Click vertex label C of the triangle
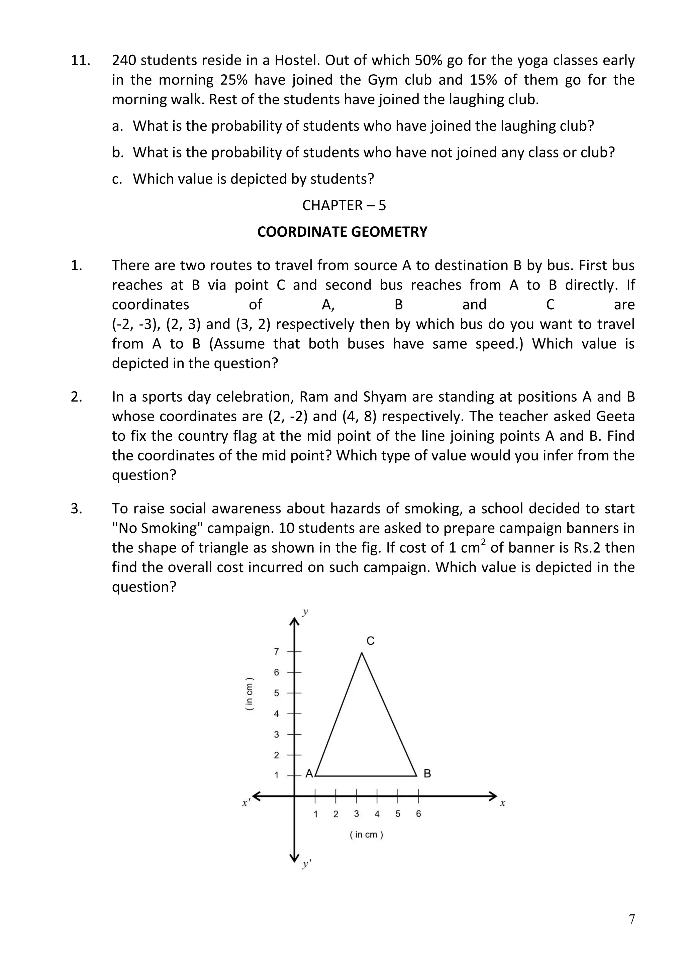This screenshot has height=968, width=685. [x=370, y=641]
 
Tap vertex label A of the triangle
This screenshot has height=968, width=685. [x=309, y=774]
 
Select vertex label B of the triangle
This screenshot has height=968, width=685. [x=427, y=774]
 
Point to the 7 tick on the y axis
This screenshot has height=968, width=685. [x=277, y=652]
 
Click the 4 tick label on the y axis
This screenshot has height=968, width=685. [x=277, y=714]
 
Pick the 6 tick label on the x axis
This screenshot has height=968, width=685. [x=418, y=814]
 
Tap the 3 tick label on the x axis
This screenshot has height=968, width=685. [x=357, y=814]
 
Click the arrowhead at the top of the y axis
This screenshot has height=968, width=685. [x=294, y=622]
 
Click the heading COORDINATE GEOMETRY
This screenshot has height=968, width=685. [x=342, y=232]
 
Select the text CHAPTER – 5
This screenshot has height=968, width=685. [x=344, y=205]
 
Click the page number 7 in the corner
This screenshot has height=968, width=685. [x=631, y=920]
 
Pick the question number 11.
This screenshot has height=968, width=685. [x=80, y=60]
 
